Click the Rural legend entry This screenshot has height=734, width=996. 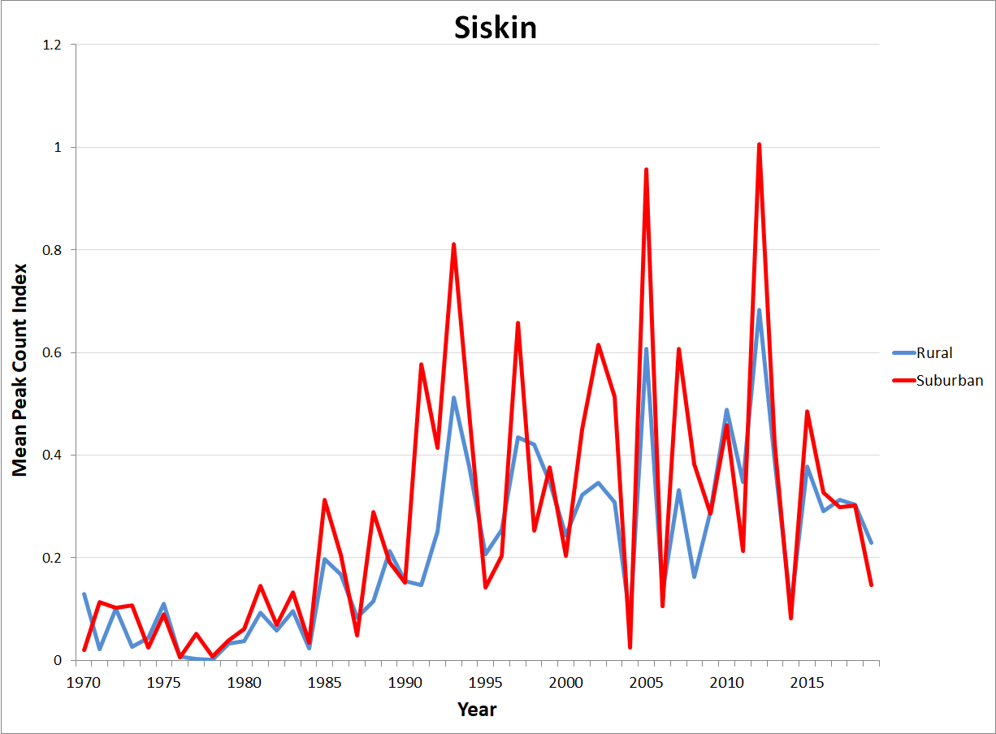934,352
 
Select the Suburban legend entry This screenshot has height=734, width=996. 950,379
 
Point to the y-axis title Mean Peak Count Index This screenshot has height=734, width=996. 19,369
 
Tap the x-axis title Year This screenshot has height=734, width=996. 477,710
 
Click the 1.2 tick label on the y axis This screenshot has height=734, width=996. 53,45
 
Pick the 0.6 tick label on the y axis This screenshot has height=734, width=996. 53,352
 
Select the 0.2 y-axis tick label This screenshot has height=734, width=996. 53,558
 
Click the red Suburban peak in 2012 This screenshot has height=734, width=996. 759,145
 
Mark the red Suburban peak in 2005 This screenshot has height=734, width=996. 646,170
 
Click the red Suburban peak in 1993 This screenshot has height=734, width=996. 453,244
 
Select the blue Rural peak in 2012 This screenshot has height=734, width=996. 759,310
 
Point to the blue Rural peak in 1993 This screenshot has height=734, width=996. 453,398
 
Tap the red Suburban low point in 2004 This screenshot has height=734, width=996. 630,647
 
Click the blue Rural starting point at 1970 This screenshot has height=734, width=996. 84,594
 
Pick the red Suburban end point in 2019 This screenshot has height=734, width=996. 871,585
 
